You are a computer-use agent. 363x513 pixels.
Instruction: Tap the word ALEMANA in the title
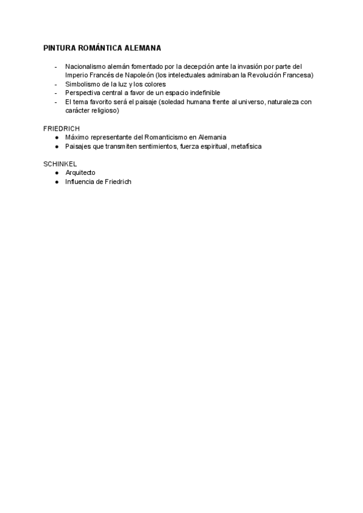pos(142,47)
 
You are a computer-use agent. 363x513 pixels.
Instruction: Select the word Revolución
pos(267,75)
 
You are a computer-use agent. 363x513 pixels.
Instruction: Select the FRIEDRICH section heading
pos(62,129)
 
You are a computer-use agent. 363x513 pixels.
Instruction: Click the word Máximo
pos(77,137)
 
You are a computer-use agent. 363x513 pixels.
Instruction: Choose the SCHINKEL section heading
pos(60,164)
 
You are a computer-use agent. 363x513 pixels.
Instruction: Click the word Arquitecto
pos(80,172)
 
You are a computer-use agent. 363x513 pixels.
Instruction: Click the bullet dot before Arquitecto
pos(56,172)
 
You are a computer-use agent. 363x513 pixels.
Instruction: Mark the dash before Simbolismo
pos(56,84)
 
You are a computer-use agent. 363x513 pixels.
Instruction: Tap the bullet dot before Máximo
pos(56,137)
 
